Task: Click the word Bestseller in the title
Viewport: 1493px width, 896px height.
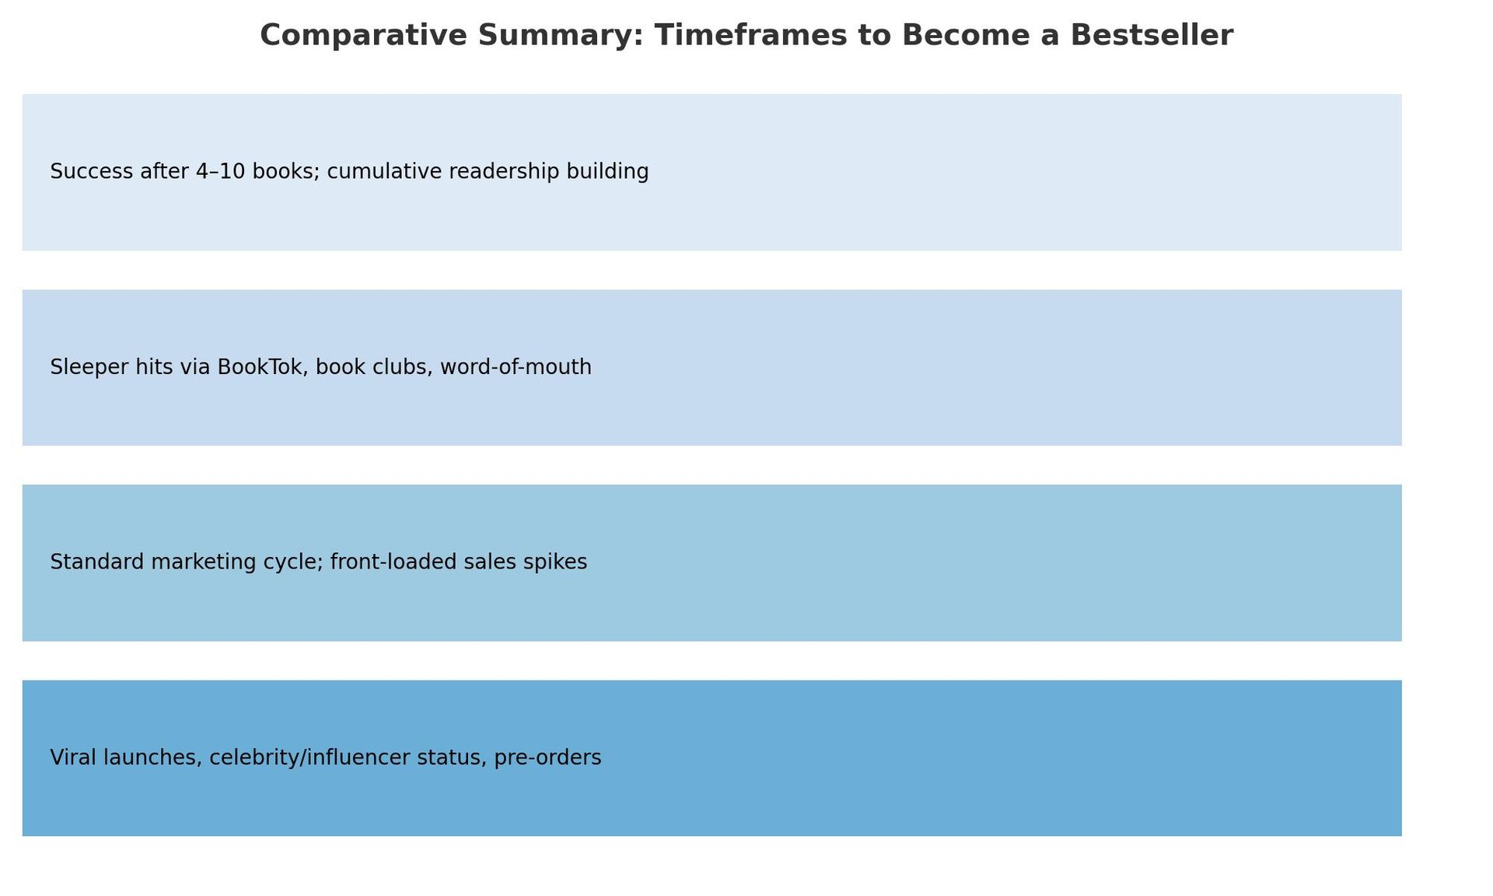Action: pos(1152,36)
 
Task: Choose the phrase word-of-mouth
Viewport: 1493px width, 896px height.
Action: pos(516,367)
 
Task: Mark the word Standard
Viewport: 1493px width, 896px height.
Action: pos(97,562)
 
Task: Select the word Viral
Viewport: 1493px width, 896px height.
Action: pos(73,757)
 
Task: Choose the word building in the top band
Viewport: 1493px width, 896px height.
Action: pos(607,172)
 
